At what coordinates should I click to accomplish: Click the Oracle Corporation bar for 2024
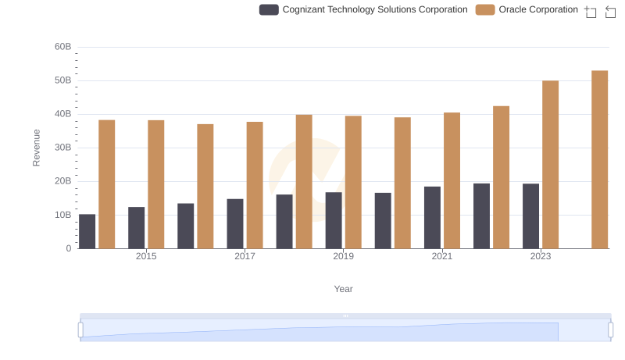pos(599,159)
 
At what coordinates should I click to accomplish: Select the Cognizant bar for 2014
pos(87,231)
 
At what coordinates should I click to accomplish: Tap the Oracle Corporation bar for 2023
pos(550,164)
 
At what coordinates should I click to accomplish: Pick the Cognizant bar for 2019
pos(334,220)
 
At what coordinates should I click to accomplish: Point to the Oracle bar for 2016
pos(205,186)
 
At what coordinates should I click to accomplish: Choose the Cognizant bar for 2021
pos(432,217)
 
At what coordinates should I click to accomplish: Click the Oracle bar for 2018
pos(304,181)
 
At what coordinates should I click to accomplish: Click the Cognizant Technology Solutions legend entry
pos(363,9)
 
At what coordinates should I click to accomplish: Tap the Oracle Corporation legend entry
pos(527,9)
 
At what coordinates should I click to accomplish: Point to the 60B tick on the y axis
pos(62,47)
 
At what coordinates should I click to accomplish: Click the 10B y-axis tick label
pos(62,215)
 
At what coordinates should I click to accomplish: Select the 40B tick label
pos(62,114)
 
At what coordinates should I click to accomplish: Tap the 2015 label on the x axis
pos(146,256)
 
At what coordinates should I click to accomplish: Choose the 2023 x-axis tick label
pos(541,256)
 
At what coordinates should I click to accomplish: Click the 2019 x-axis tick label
pos(343,256)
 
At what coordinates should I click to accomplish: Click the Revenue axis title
pos(36,148)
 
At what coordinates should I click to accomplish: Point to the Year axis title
pos(344,289)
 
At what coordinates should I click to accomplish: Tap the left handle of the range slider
pos(80,330)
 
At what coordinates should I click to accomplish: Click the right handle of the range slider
pos(610,330)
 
